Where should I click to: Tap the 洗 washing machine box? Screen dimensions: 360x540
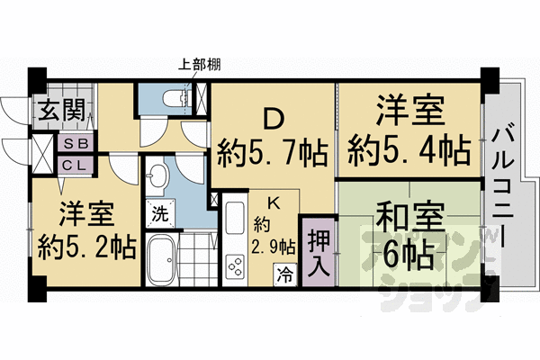[158, 215]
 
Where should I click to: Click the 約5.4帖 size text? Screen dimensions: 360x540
[411, 148]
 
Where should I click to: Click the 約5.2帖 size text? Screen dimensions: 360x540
[87, 246]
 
